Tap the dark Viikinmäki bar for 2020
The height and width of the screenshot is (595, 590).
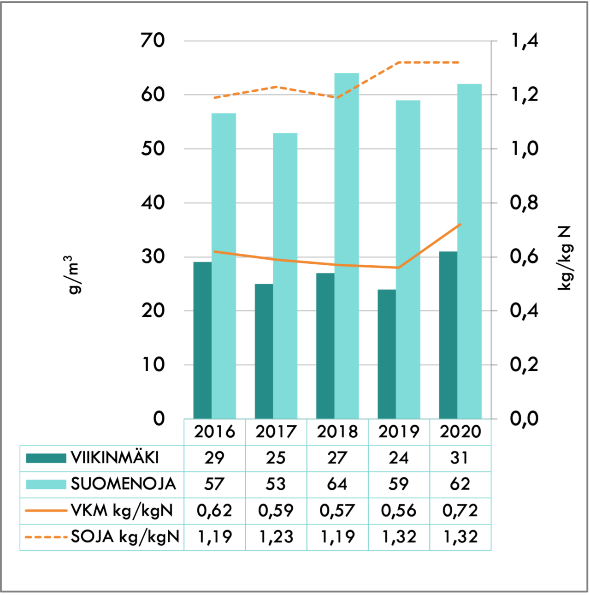[448, 335]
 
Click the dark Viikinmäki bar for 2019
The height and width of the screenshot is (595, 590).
[387, 354]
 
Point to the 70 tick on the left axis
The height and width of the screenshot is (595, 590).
[153, 41]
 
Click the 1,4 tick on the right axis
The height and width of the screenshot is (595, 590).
[525, 41]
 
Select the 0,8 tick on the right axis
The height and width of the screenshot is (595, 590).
[525, 202]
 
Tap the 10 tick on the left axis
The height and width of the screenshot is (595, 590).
[153, 365]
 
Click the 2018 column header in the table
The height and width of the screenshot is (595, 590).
[337, 432]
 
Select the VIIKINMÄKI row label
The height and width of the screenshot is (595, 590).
[115, 458]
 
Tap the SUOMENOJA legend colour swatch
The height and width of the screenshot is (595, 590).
[46, 484]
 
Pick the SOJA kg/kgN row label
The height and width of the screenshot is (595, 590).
[125, 537]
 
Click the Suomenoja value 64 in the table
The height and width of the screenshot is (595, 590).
[337, 484]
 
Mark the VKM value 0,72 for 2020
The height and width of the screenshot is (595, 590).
[460, 511]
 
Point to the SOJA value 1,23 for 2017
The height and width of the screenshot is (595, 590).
[276, 537]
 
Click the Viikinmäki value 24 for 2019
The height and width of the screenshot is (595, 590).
[399, 458]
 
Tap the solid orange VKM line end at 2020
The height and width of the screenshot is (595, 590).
[460, 225]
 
